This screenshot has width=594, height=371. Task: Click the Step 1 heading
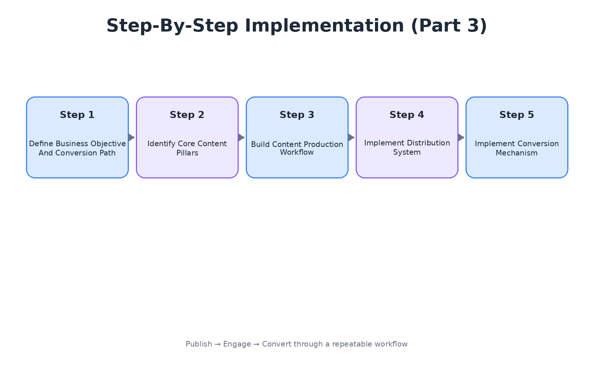pyautogui.click(x=77, y=115)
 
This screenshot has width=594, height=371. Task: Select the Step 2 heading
pyautogui.click(x=187, y=115)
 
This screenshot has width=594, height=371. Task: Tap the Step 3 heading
pyautogui.click(x=297, y=115)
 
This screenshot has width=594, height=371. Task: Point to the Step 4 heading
pyautogui.click(x=407, y=115)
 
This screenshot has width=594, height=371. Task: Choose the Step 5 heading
pyautogui.click(x=517, y=115)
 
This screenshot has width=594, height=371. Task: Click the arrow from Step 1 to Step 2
pyautogui.click(x=131, y=137)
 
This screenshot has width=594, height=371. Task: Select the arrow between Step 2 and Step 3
pyautogui.click(x=241, y=137)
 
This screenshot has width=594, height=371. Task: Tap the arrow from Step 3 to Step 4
pyautogui.click(x=351, y=137)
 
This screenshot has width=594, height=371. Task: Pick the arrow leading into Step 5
pyautogui.click(x=461, y=137)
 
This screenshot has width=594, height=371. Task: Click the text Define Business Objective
pyautogui.click(x=77, y=144)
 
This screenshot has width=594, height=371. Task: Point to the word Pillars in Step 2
pyautogui.click(x=187, y=153)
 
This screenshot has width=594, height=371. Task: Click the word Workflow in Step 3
pyautogui.click(x=297, y=152)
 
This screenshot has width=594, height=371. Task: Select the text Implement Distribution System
pyautogui.click(x=407, y=147)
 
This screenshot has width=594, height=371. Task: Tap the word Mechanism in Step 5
pyautogui.click(x=516, y=153)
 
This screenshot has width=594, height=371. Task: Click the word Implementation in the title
pyautogui.click(x=324, y=26)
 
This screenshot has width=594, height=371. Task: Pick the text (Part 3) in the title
pyautogui.click(x=449, y=26)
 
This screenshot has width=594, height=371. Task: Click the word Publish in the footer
pyautogui.click(x=199, y=344)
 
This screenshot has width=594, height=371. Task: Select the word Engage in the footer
pyautogui.click(x=237, y=344)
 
